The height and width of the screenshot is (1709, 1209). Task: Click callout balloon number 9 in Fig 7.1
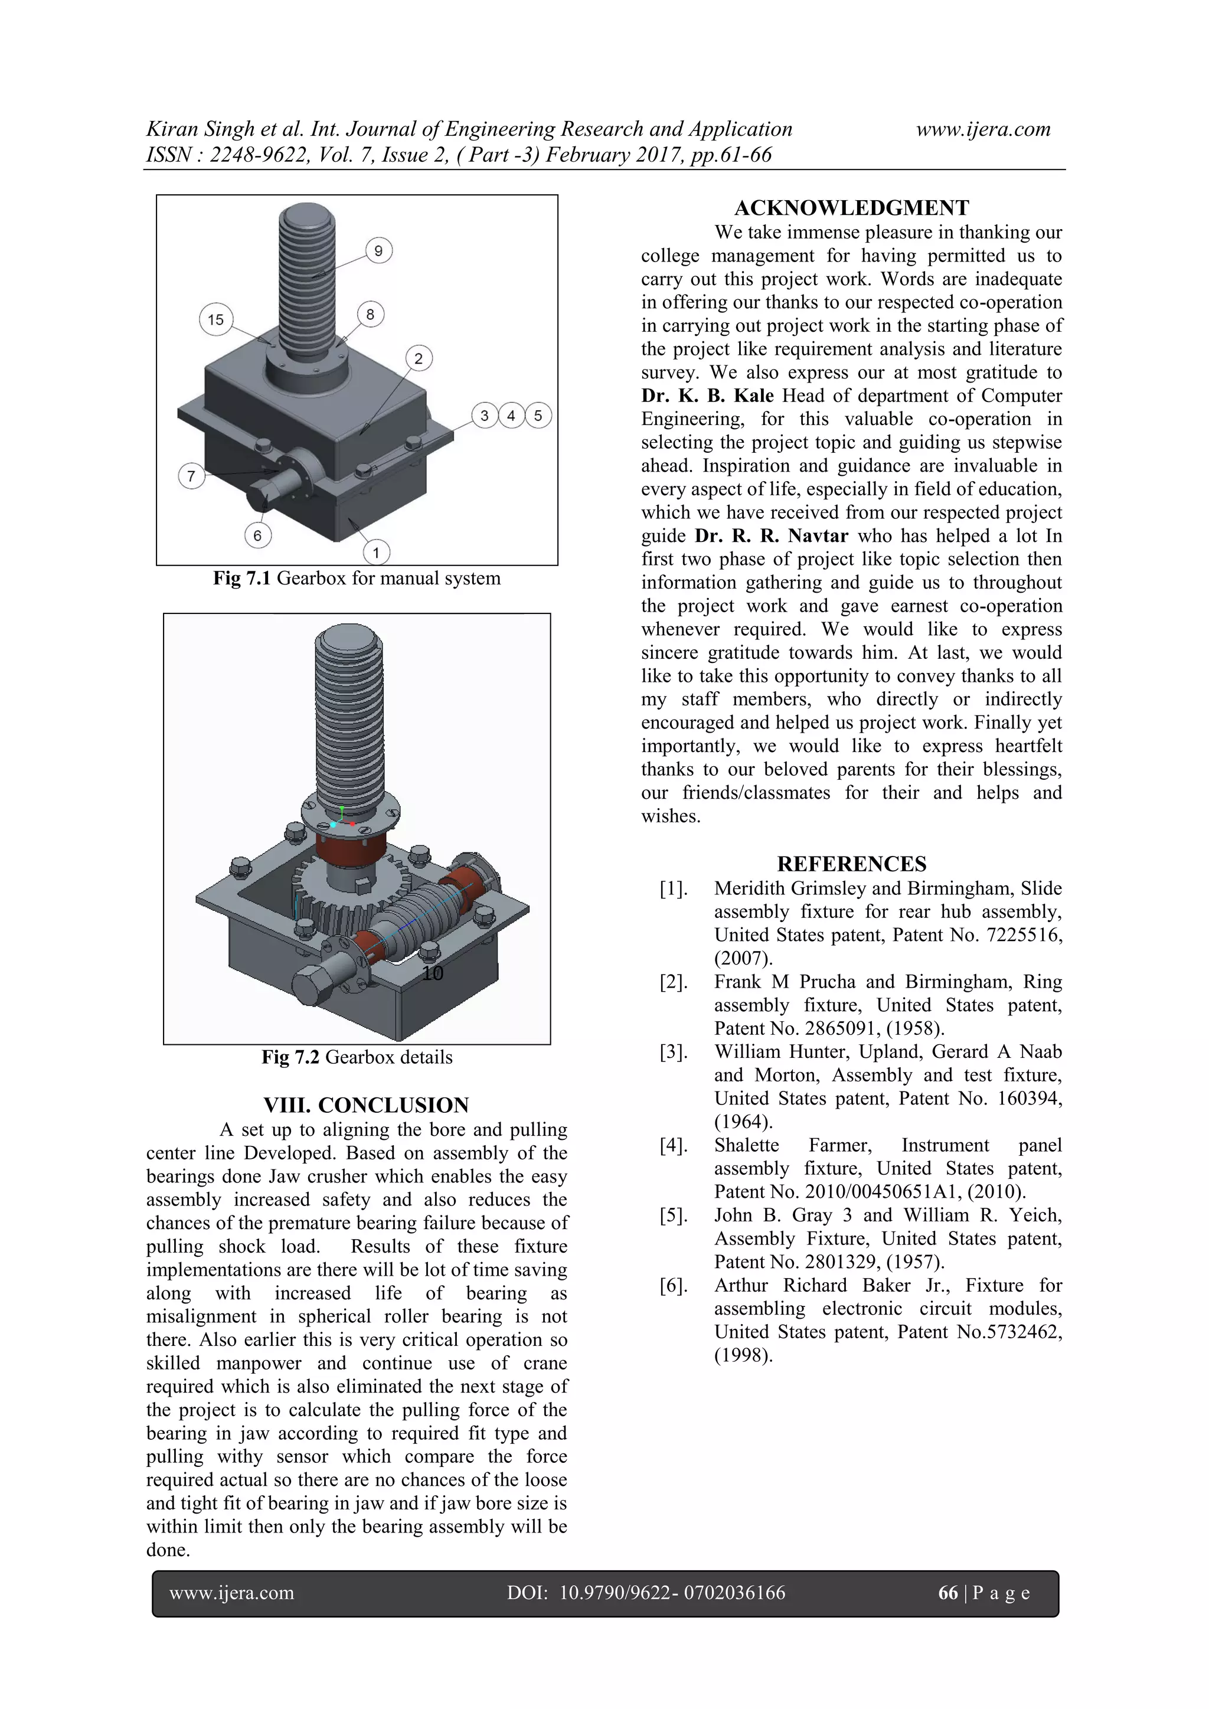coord(378,251)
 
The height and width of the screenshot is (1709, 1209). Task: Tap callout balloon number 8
coord(370,314)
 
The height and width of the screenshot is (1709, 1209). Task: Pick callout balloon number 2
coord(419,359)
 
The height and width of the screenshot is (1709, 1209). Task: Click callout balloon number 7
coord(191,476)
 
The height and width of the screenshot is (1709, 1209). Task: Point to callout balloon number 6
coord(257,535)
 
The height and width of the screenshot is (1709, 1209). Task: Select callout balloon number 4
coord(511,416)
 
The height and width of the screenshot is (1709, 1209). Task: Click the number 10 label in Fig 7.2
coord(433,973)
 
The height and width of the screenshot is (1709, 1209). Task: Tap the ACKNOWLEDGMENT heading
coord(852,208)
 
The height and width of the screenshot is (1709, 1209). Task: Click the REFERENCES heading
coord(852,864)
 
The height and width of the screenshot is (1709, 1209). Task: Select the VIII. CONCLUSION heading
coord(366,1105)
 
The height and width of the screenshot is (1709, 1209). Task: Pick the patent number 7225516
coord(1024,935)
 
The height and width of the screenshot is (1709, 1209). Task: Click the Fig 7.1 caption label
coord(243,579)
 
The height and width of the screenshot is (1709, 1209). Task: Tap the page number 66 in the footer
coord(947,1592)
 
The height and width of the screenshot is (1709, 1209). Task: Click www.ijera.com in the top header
coord(983,129)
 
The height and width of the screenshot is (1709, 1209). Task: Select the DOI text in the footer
coord(645,1592)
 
